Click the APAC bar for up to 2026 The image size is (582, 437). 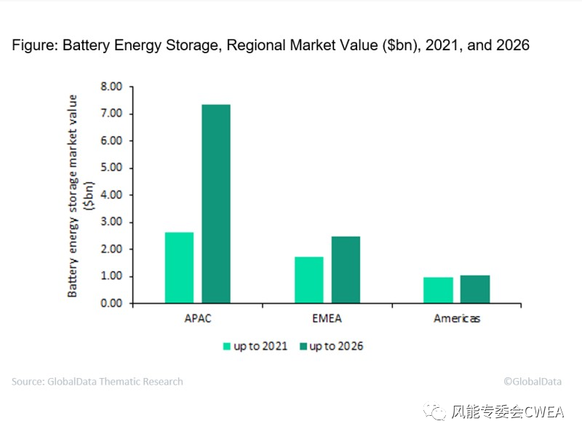coord(216,204)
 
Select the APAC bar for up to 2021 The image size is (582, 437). coord(179,267)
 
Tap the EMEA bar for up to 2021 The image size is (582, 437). coord(309,280)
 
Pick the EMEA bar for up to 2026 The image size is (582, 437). coord(346,269)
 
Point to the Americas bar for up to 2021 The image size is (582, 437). coord(439,290)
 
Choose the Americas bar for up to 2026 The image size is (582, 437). coord(475,289)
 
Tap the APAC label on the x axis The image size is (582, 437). coord(197,319)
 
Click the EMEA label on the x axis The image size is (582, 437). coord(327,319)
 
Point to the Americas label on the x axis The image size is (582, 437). coord(457,319)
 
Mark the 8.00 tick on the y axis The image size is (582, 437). coord(110,87)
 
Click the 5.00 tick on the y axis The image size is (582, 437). coord(110,168)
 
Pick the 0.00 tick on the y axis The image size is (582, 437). coord(110,304)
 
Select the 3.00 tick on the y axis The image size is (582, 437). coord(110,222)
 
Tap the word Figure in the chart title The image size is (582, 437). coord(34,45)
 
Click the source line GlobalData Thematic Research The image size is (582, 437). coord(97,382)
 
